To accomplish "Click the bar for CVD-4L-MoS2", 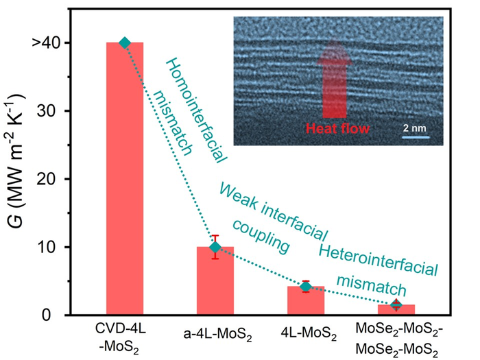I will [x=124, y=178].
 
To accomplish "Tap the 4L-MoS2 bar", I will [x=306, y=301].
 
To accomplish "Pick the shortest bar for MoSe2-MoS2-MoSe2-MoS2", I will [x=396, y=310].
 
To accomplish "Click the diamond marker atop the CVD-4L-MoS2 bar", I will [x=124, y=43].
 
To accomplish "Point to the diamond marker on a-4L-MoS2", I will [x=215, y=247].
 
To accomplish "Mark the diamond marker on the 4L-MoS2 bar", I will [x=306, y=287].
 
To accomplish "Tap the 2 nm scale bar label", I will [x=414, y=128].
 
